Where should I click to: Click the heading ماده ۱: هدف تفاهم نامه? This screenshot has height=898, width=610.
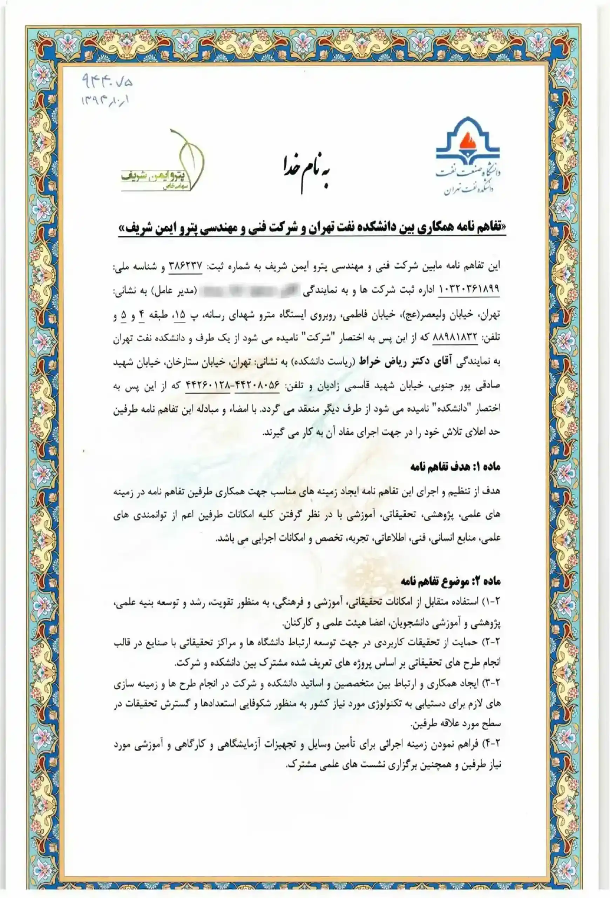(x=455, y=467)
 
